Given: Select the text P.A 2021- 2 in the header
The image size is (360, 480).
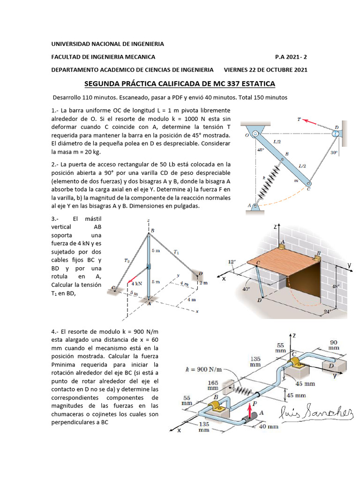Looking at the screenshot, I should coord(291,57).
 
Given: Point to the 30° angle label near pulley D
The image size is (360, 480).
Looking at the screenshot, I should coord(333,153).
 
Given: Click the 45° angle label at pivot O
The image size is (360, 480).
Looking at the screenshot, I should coord(261,150).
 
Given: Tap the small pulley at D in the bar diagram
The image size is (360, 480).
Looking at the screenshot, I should coord(336,134).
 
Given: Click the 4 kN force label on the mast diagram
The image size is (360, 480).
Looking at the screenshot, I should coord(136,284).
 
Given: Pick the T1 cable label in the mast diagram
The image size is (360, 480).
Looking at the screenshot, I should coord(176,252).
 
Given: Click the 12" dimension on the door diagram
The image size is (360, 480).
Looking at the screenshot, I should coord(232,261).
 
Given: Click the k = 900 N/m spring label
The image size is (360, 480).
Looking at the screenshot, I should coord(203,370).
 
